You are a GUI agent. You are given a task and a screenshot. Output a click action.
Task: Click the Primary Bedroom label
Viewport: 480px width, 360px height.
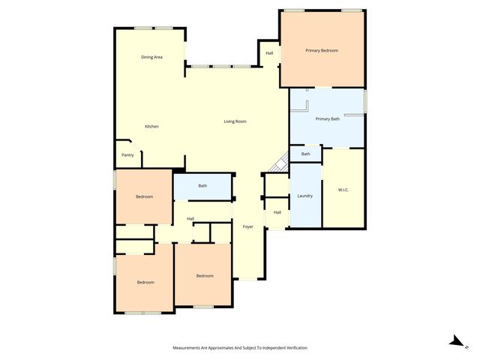[322, 51]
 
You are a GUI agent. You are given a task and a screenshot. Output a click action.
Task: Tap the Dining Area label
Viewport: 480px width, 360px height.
[152, 57]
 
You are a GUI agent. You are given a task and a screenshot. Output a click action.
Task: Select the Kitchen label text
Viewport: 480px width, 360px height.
[151, 126]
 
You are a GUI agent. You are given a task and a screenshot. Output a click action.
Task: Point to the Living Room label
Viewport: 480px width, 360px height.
[235, 121]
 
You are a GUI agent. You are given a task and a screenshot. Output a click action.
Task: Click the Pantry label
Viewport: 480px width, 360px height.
[127, 155]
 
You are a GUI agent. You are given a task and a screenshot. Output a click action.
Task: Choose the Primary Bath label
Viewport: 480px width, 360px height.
[328, 118]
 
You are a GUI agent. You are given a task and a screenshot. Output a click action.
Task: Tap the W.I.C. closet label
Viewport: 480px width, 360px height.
[343, 190]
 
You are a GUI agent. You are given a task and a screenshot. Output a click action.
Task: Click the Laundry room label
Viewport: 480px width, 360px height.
[304, 196]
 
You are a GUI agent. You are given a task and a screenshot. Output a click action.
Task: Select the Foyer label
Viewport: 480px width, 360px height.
[247, 226]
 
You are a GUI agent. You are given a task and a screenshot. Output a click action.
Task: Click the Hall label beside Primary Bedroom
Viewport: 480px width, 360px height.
[269, 53]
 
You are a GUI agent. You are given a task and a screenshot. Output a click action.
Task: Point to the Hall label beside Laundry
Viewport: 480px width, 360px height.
[277, 212]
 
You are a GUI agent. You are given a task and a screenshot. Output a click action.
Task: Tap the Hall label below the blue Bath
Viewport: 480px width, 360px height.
[190, 219]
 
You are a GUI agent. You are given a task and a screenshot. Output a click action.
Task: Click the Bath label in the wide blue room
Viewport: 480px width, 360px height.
[202, 186]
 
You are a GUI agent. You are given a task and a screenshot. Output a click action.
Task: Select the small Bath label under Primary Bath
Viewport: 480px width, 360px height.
[305, 154]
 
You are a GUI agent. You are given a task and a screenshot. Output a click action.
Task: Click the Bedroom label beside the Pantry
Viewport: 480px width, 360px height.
[144, 196]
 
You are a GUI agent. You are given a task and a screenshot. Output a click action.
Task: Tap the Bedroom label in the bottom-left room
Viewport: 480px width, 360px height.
[145, 282]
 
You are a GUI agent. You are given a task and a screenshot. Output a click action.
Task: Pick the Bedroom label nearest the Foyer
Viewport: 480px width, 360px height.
[205, 276]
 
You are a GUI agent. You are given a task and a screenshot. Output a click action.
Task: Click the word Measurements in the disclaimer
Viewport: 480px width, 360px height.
[190, 348]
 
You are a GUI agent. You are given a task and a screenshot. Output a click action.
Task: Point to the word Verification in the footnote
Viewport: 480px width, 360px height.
[292, 348]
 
